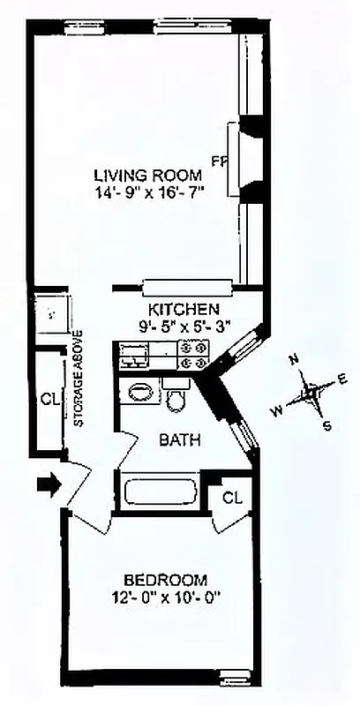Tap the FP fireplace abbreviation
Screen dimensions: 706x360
pos(218,160)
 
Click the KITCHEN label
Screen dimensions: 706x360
pos(184,310)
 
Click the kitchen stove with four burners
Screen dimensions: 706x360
pos(193,355)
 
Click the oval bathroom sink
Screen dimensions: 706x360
pos(140,391)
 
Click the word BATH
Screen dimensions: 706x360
pos(180,439)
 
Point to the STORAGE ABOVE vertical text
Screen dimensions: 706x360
pos(79,379)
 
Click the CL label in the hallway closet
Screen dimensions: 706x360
pos(49,399)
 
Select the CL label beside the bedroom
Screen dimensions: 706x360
pos(231,498)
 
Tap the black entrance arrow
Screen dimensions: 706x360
pos(49,484)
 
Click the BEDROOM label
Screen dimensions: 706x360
pos(165,580)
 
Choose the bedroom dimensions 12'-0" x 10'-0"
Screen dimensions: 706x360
pos(165,597)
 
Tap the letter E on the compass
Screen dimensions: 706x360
pos(343,379)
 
